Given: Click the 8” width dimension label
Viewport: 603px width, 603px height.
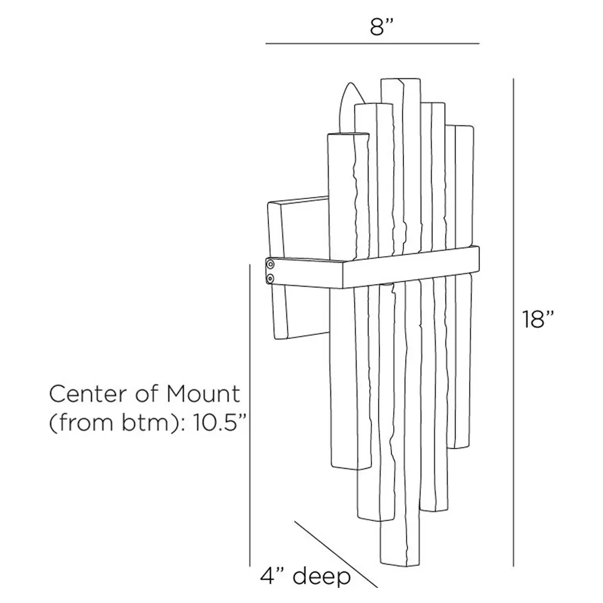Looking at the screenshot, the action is tap(382, 27).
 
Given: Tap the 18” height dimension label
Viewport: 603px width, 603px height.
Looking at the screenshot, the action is tap(538, 319).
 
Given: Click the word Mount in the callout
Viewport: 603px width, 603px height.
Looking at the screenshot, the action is tap(203, 394).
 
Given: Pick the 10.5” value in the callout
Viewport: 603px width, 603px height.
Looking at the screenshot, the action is tap(216, 423).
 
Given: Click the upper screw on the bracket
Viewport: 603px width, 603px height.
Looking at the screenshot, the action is tap(271, 264).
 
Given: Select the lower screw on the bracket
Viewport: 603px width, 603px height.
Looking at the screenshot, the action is tap(271, 277).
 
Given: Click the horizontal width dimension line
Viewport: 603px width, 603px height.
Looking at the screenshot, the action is tap(372, 43).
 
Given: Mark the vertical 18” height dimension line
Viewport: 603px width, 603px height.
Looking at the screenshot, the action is tap(513, 322).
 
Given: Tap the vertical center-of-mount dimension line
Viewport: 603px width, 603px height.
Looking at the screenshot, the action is tap(250, 415).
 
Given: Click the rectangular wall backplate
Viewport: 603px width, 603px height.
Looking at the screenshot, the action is tap(298, 268).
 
